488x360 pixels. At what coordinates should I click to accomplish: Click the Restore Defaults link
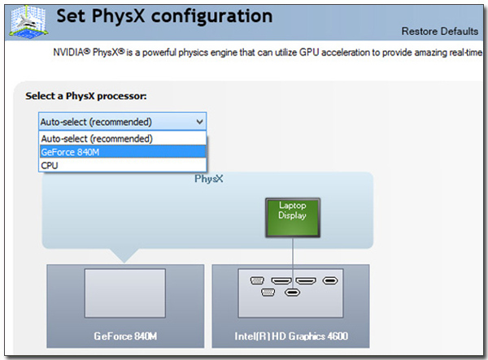coord(440,31)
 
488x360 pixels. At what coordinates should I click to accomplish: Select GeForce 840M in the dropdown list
coord(123,152)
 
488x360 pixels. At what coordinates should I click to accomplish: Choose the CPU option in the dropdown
coord(123,165)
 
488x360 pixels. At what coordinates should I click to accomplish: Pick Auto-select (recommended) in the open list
coord(123,138)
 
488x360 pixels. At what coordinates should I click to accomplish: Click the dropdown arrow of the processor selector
coord(199,122)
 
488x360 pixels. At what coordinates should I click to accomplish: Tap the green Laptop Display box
coord(293,218)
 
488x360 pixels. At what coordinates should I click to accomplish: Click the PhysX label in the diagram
coord(208,179)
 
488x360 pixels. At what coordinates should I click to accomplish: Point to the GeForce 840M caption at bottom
coord(125,336)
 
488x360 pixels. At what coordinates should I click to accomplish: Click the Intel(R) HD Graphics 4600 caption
coord(291,336)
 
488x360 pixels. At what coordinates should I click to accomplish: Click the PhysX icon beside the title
coord(28,22)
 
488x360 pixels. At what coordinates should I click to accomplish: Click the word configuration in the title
coord(211,16)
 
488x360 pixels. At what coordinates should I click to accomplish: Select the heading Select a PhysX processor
coord(86,96)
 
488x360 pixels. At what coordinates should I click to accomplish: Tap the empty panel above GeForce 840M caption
coord(125,293)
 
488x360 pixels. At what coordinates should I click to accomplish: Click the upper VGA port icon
coord(257,280)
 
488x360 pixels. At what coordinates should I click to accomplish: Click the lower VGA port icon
coord(268,293)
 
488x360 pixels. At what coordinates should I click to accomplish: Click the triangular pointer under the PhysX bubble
coord(124,255)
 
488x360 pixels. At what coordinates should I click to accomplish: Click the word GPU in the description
coord(309,52)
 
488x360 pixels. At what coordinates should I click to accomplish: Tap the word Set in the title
coord(71,15)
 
